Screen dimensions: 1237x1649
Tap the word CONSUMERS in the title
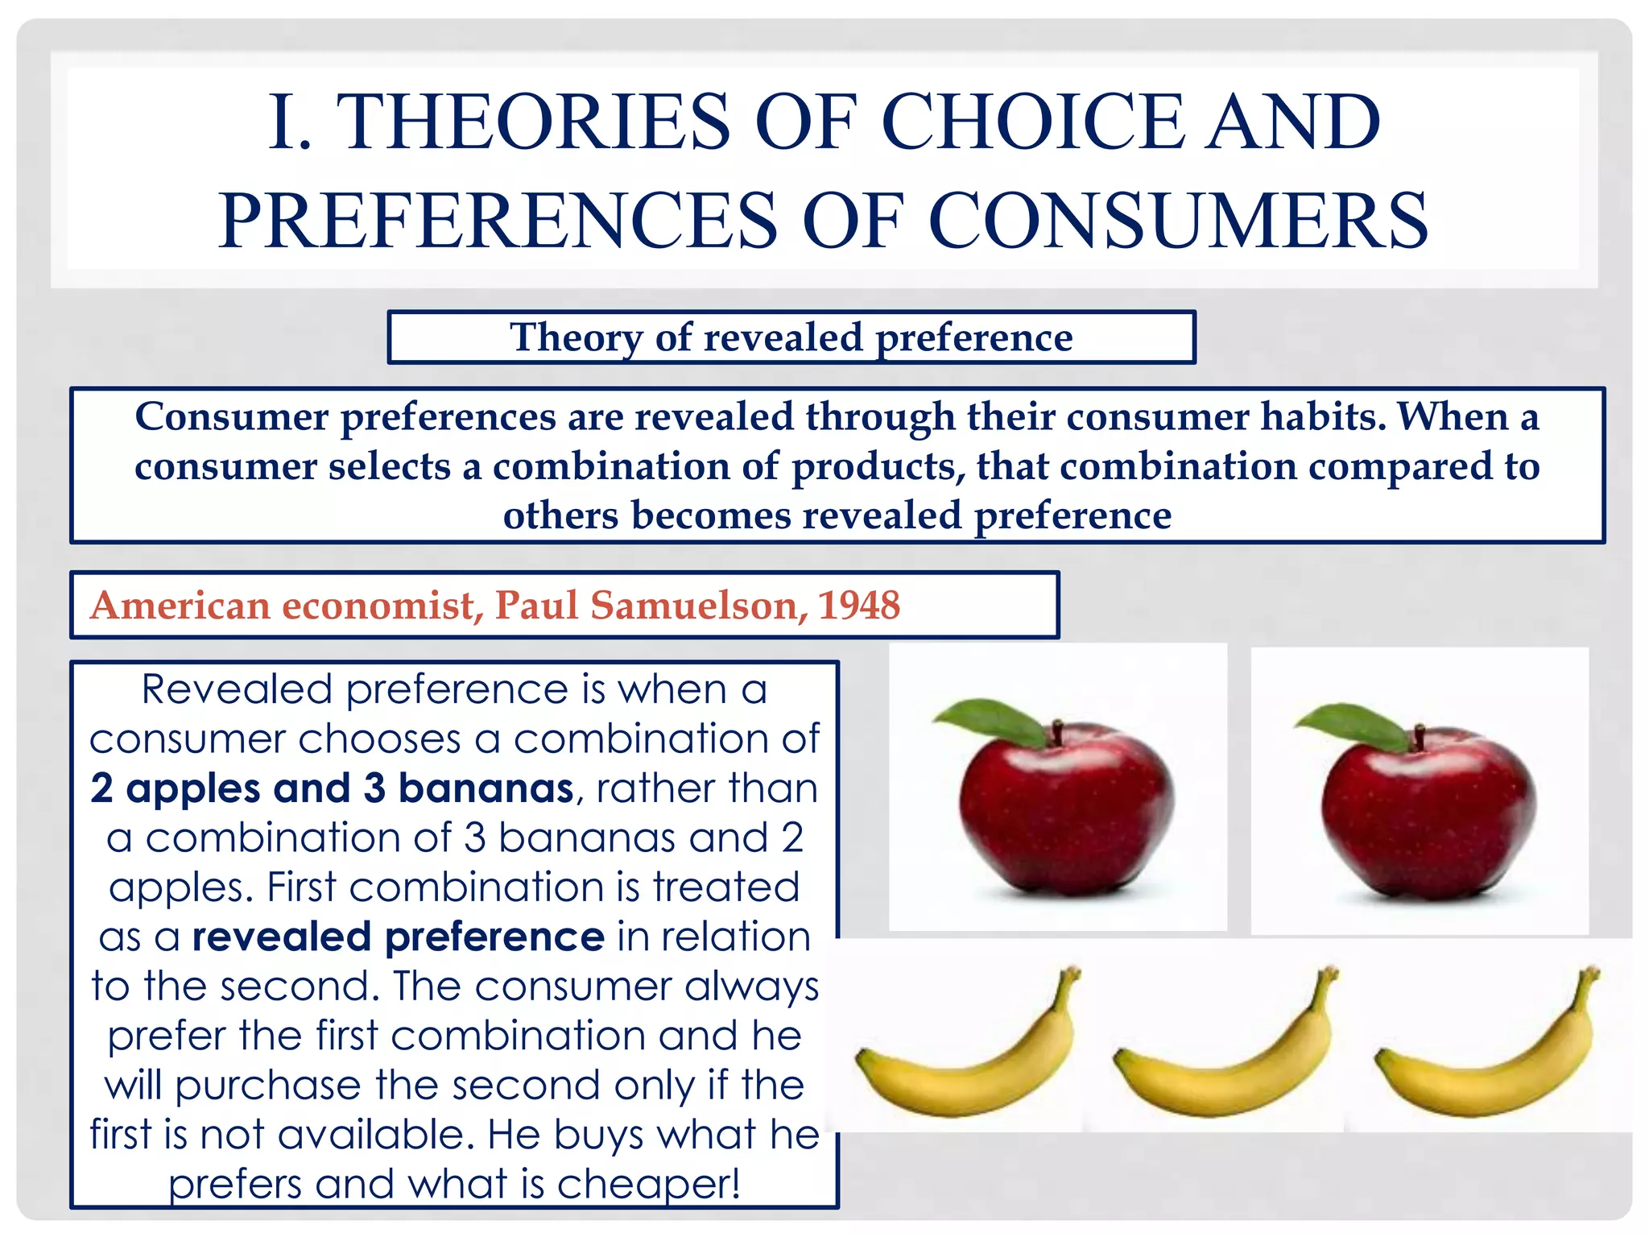point(1178,221)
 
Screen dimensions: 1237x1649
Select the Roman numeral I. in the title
point(290,122)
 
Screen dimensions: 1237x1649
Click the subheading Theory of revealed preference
point(791,337)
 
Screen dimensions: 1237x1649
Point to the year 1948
point(859,605)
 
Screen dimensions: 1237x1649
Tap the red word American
point(180,605)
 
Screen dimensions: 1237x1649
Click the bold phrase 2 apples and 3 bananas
point(332,788)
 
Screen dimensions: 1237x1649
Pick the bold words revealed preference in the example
point(398,937)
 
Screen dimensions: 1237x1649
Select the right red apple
point(1428,813)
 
